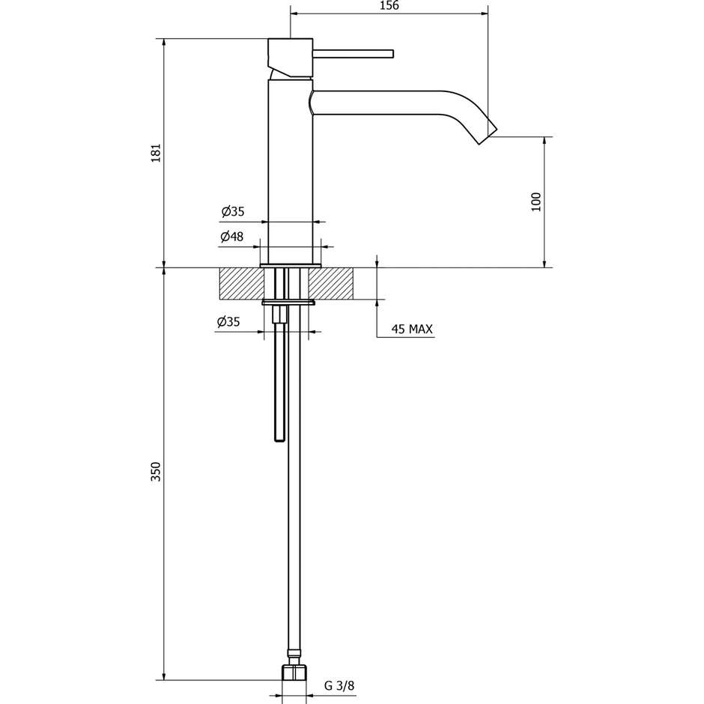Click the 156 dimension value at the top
click(389, 6)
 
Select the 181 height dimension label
click(156, 153)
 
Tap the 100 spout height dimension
click(535, 201)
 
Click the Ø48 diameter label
click(232, 237)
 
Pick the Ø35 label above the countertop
click(232, 212)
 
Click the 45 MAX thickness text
click(412, 329)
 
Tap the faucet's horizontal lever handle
click(353, 53)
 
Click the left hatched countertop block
click(241, 283)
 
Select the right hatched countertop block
click(330, 283)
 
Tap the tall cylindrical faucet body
click(290, 172)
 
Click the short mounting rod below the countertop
click(280, 374)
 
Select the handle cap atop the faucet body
click(290, 56)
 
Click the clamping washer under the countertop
click(288, 303)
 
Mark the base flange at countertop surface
click(290, 265)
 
